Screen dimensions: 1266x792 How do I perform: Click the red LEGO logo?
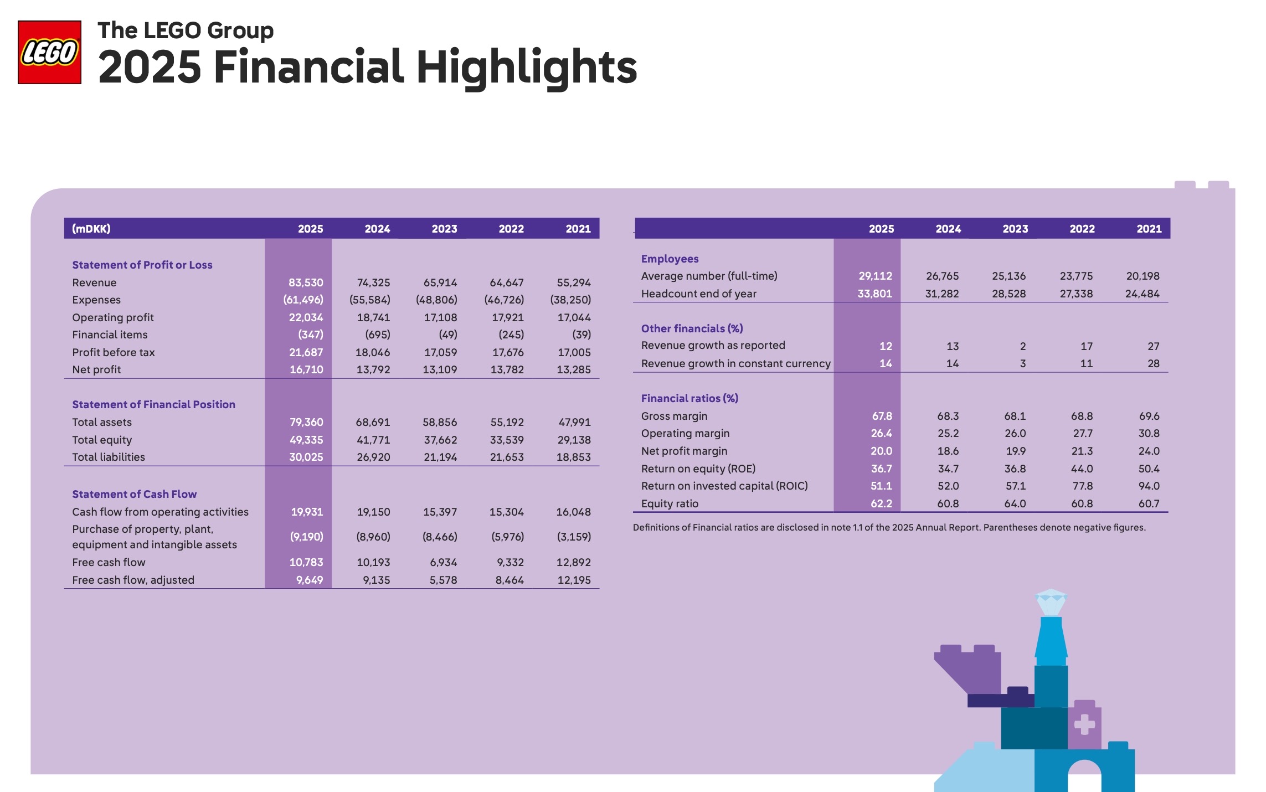pos(49,53)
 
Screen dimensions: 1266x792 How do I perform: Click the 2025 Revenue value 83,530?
pos(306,282)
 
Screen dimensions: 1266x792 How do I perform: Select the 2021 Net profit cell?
pos(574,369)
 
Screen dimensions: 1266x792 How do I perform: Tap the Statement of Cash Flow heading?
pos(134,494)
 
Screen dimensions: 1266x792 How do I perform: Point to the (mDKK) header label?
pos(91,229)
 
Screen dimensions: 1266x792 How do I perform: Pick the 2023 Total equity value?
pos(440,440)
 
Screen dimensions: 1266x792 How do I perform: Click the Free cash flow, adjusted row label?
pos(133,580)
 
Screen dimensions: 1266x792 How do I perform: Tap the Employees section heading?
pos(670,259)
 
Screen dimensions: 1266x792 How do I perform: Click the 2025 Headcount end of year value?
pos(875,294)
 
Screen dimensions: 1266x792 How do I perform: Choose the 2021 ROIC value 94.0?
pos(1149,486)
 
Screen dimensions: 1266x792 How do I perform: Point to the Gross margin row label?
pos(674,416)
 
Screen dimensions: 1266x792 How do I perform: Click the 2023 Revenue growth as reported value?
pos(1023,346)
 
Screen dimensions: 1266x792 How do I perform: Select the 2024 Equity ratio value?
pos(948,503)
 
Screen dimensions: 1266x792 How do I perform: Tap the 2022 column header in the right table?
pos(1082,229)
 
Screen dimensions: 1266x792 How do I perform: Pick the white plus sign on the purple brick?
pos(1084,724)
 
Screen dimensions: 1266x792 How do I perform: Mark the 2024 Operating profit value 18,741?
pos(373,317)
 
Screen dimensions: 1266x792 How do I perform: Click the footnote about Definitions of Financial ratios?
pos(889,527)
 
